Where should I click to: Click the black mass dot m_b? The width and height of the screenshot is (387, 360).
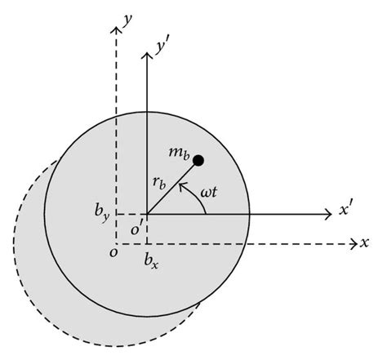click(198, 161)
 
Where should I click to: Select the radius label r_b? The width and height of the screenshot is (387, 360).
click(160, 184)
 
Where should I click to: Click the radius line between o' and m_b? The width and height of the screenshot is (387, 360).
click(171, 189)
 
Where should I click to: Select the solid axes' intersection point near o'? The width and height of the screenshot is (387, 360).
click(147, 215)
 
